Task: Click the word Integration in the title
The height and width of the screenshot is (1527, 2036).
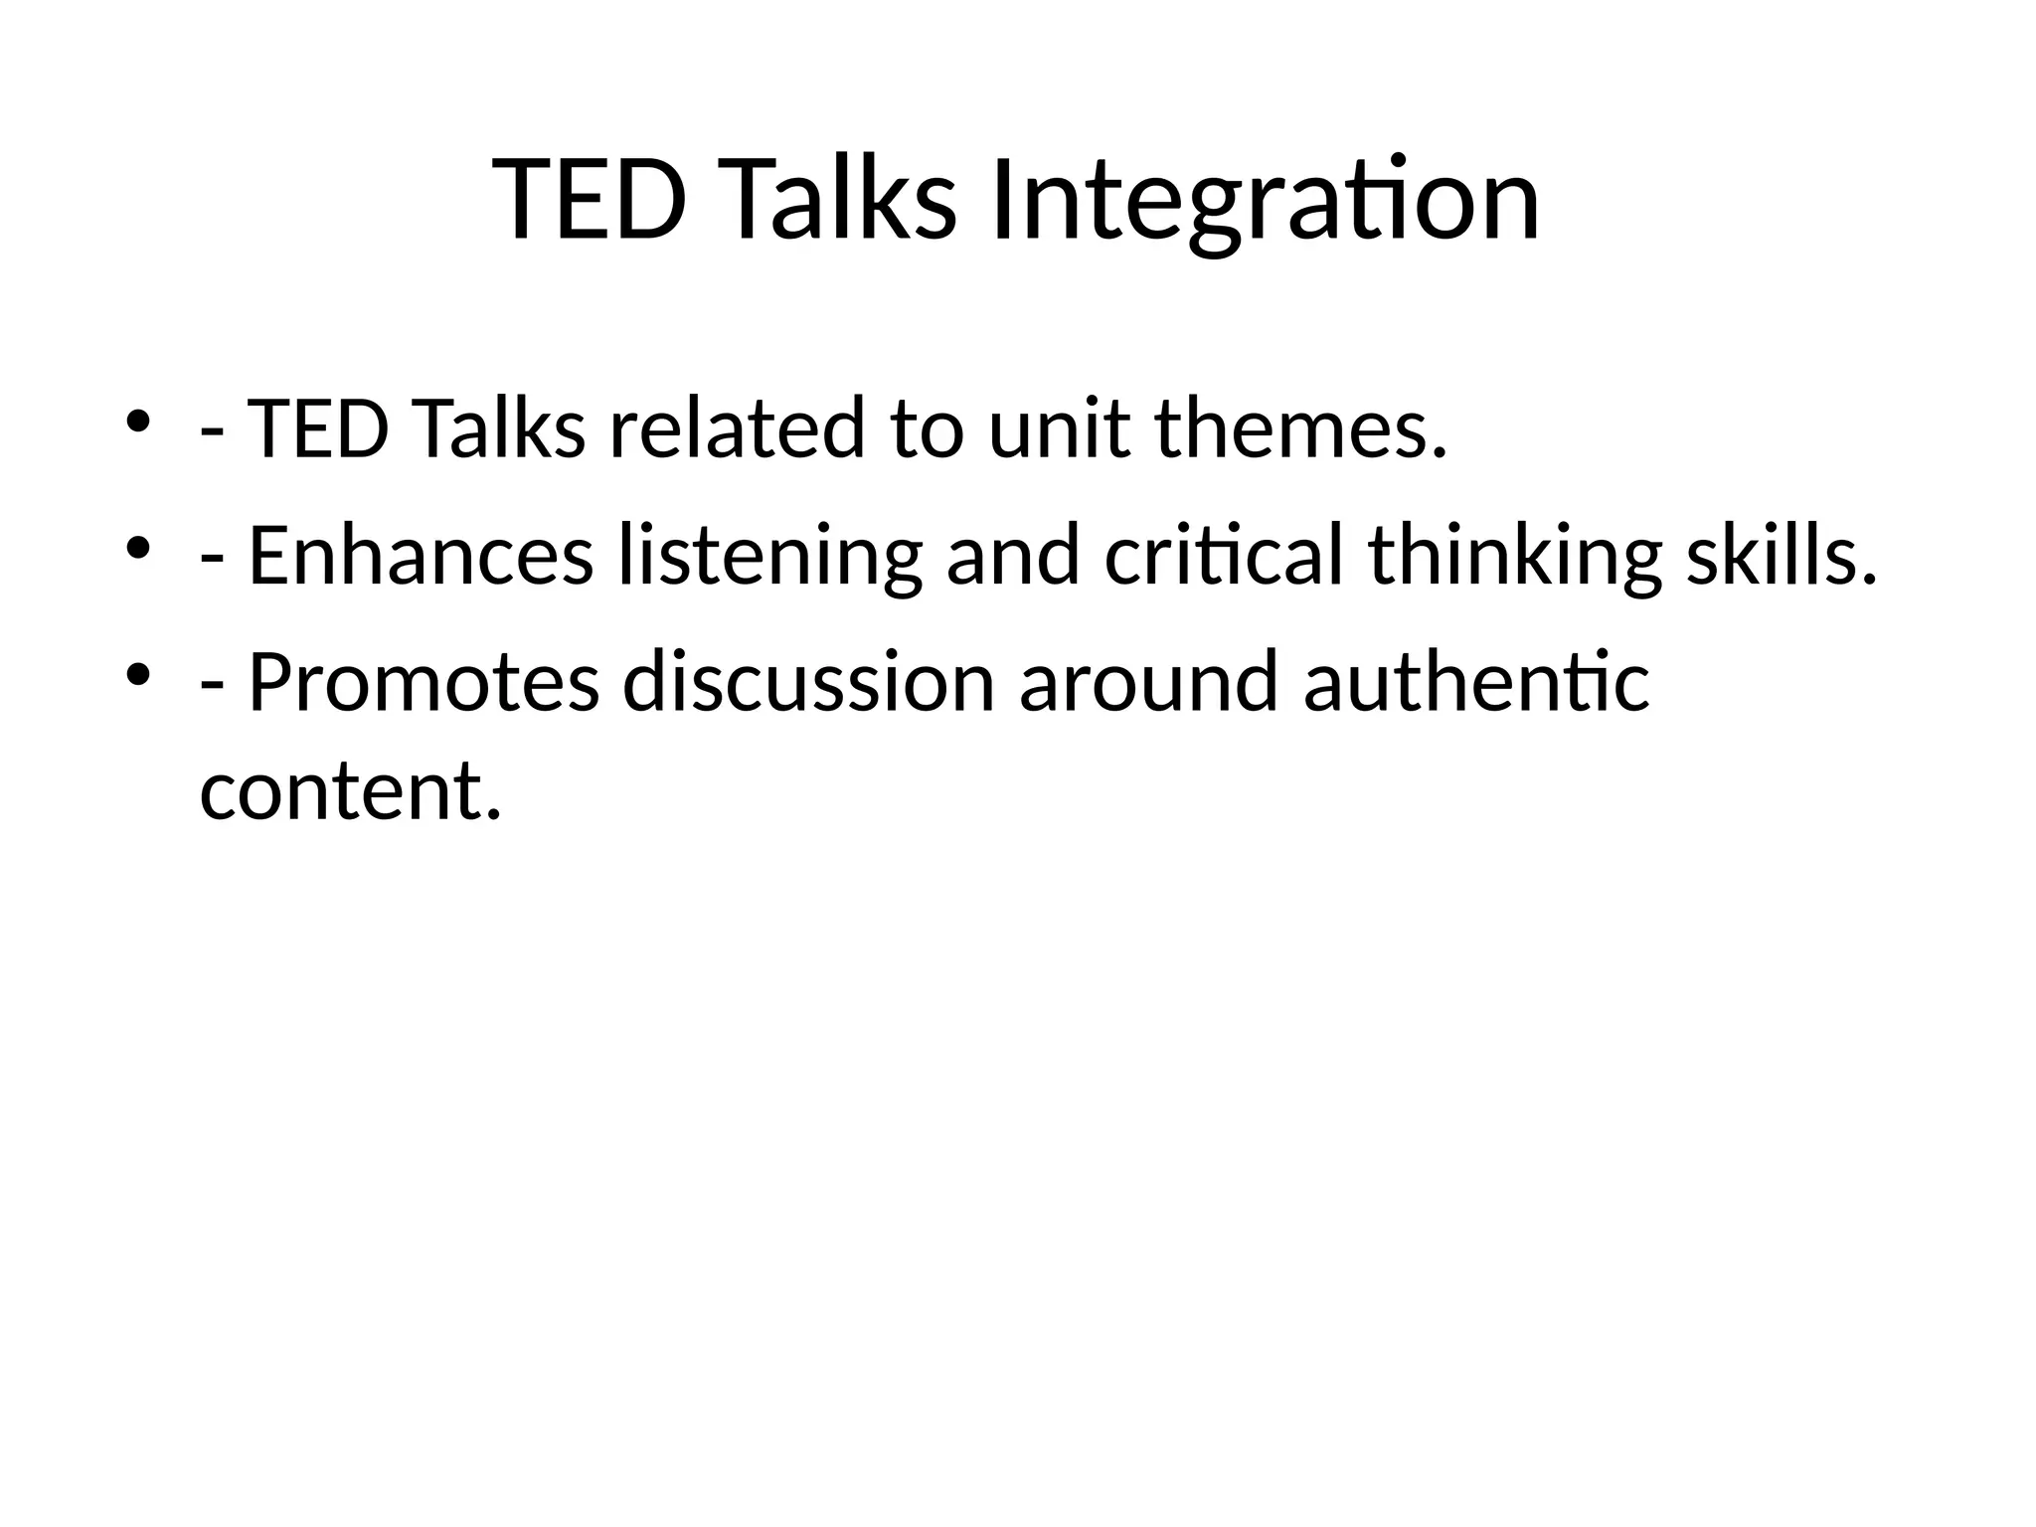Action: pyautogui.click(x=1265, y=202)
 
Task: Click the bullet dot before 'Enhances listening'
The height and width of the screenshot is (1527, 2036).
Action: pyautogui.click(x=137, y=548)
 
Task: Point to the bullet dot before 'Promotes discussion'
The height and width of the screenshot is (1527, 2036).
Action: pyautogui.click(x=137, y=675)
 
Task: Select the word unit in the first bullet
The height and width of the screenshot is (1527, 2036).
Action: pyautogui.click(x=1059, y=428)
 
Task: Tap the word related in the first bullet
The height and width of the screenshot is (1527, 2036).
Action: pyautogui.click(x=737, y=428)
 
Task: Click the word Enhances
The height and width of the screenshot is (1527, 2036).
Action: pyautogui.click(x=421, y=556)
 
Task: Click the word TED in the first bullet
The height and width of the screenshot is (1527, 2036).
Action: pyautogui.click(x=316, y=428)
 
